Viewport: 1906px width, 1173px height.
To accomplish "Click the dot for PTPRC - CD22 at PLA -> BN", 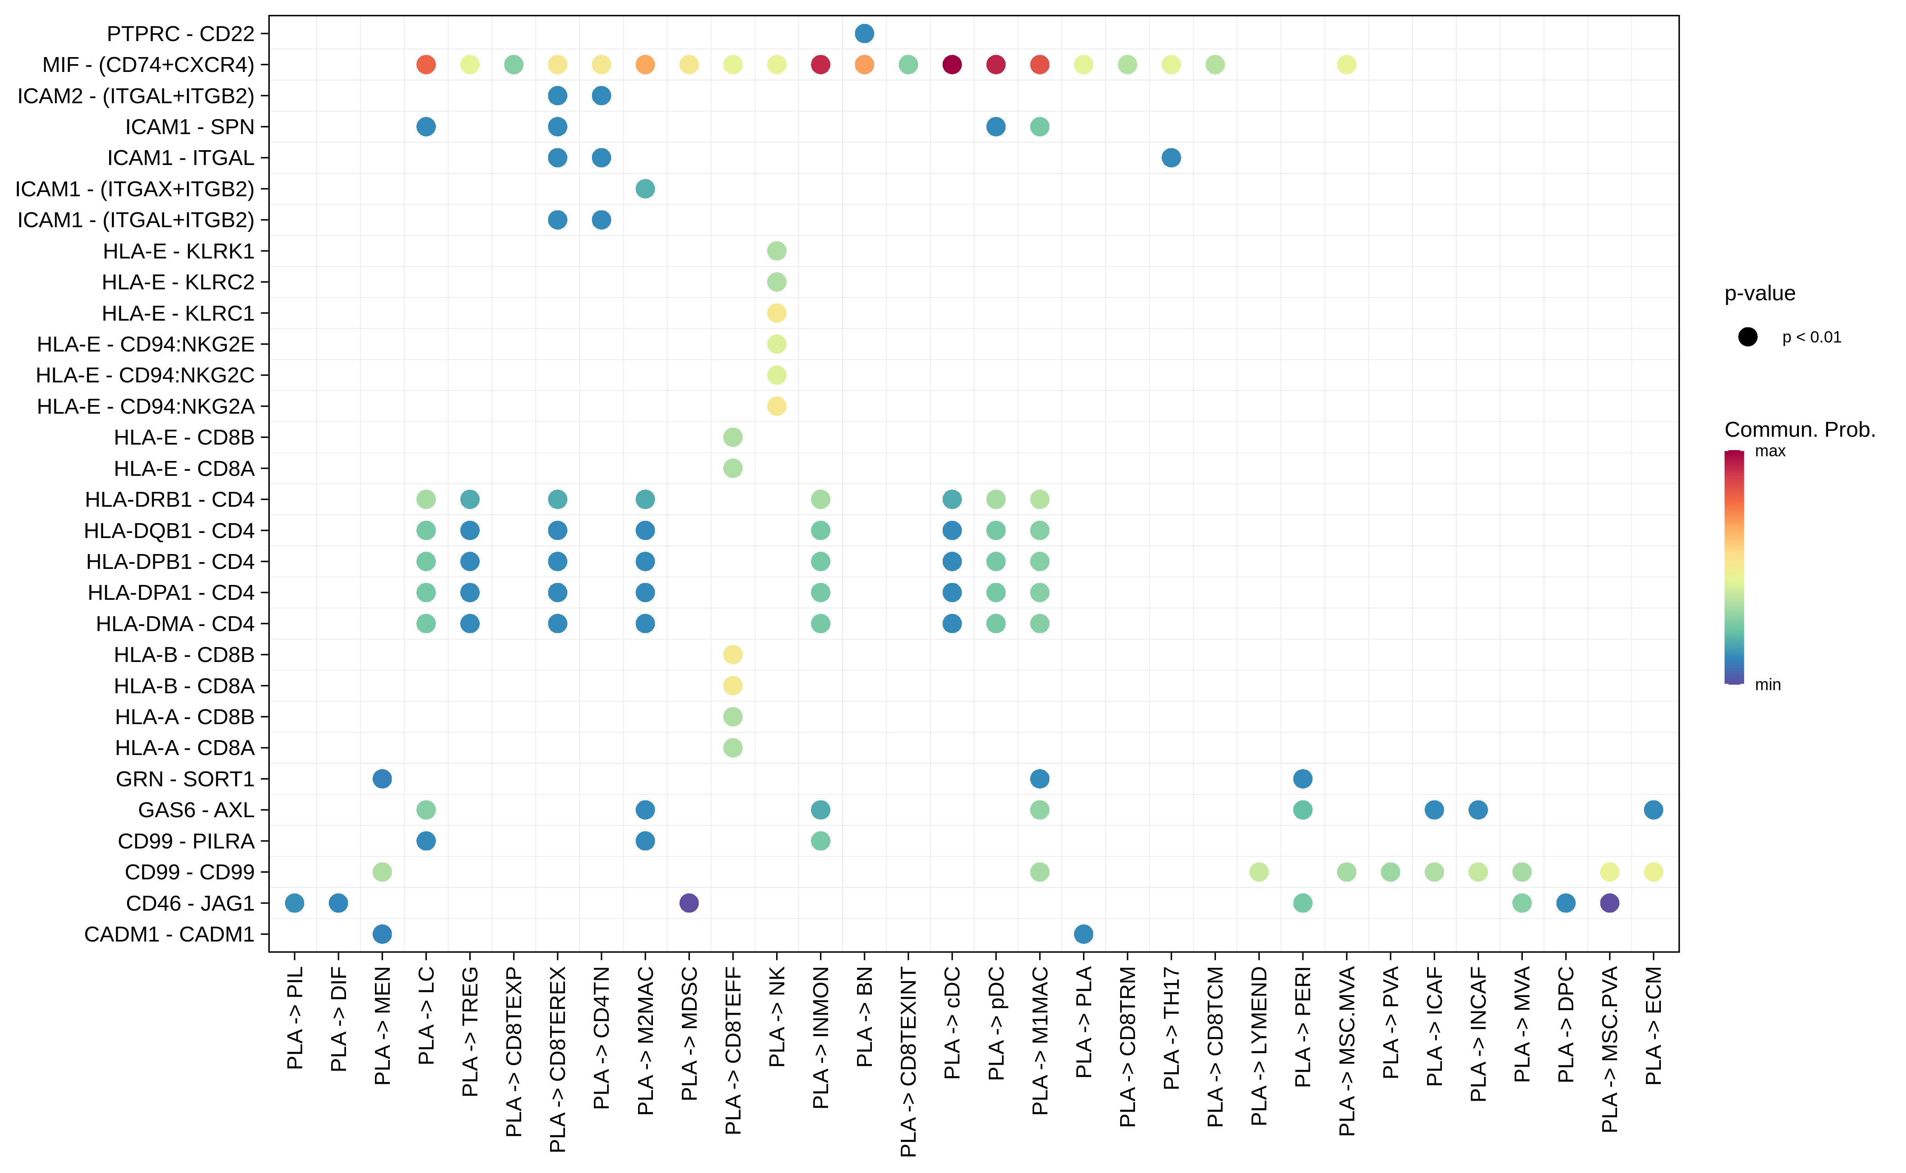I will (864, 33).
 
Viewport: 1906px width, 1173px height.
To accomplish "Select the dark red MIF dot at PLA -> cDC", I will (952, 65).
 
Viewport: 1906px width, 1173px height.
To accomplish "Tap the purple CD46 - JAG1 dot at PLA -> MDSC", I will (689, 903).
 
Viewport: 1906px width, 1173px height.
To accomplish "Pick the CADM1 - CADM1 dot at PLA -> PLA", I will (1084, 934).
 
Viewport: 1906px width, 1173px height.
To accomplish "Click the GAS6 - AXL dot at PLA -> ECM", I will (1653, 810).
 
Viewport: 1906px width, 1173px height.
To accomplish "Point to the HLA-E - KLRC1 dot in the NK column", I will (776, 313).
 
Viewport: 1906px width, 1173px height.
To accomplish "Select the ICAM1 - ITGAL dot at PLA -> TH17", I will (1171, 158).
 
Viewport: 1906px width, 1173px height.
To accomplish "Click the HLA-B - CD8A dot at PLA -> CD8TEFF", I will (732, 686).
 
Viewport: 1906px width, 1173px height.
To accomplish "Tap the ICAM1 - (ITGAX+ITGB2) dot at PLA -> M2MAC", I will (645, 188).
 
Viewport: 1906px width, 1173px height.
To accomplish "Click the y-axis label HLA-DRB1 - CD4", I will (169, 500).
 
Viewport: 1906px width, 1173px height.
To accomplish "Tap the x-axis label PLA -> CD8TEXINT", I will (908, 1061).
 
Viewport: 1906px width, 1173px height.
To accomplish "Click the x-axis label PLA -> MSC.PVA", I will (1610, 1049).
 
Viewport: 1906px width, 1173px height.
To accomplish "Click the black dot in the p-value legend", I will (1748, 337).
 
